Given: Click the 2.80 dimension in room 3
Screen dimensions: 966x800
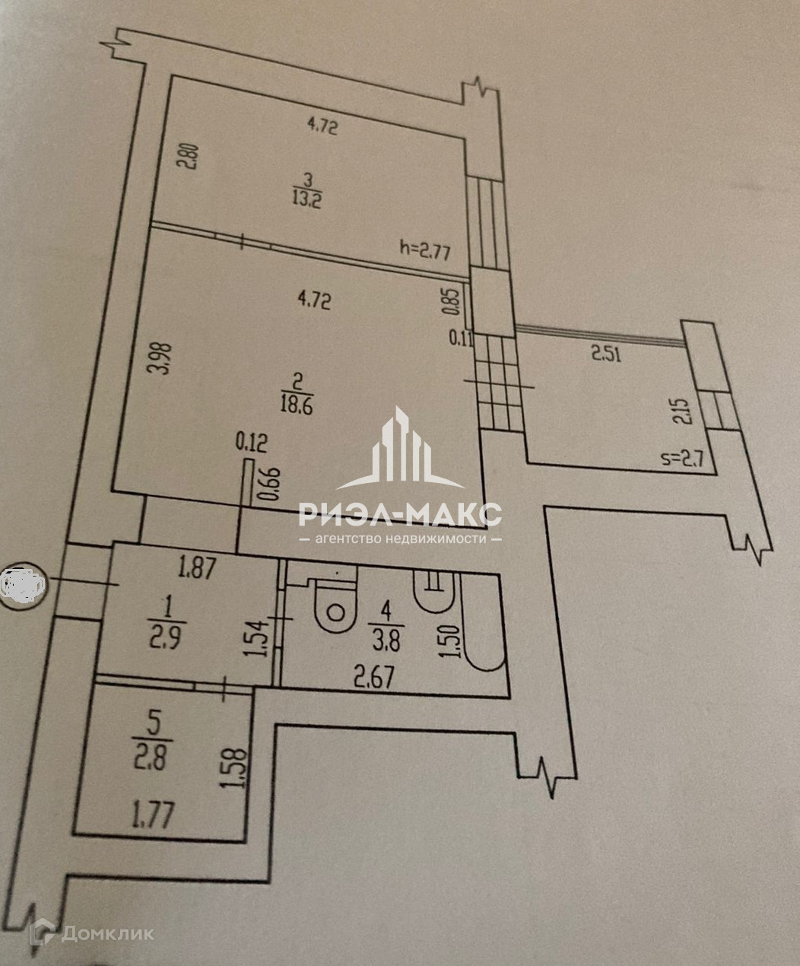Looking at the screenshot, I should pyautogui.click(x=190, y=162).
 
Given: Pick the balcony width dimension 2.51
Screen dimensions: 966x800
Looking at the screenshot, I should pyautogui.click(x=606, y=353).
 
